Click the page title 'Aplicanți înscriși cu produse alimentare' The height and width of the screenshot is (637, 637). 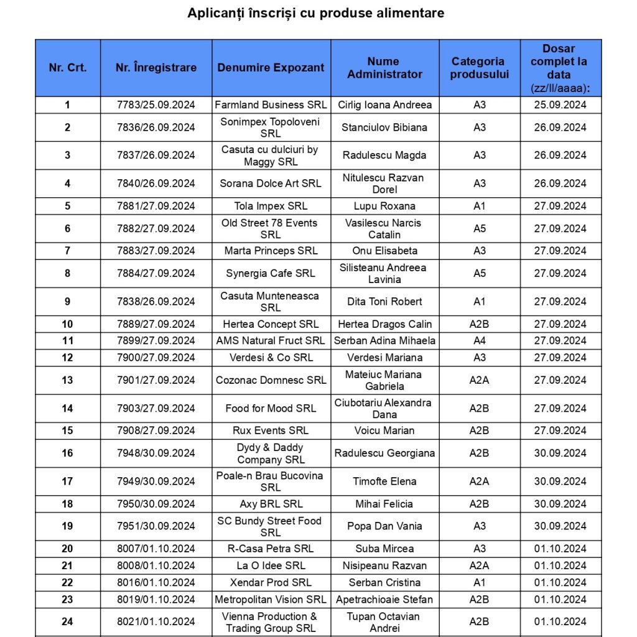click(x=315, y=13)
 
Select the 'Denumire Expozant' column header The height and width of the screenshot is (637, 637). click(x=271, y=68)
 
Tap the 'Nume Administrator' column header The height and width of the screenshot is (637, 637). click(x=384, y=68)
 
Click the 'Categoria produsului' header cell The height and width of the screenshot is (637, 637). click(x=479, y=68)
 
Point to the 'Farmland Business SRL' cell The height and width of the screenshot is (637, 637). click(x=271, y=105)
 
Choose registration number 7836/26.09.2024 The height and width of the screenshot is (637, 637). click(x=156, y=128)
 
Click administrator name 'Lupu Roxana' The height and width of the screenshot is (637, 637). click(x=384, y=206)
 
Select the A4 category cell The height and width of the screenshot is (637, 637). click(x=479, y=340)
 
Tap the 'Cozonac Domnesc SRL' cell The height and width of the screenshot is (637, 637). click(x=271, y=380)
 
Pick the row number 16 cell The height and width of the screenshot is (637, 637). click(x=67, y=453)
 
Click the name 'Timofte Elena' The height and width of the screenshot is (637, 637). click(x=384, y=481)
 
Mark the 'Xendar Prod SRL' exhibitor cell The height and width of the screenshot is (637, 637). click(x=271, y=582)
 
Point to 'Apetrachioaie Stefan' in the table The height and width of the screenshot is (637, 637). click(x=384, y=599)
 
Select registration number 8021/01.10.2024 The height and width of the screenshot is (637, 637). click(x=156, y=621)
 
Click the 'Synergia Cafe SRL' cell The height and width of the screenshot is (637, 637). click(x=271, y=273)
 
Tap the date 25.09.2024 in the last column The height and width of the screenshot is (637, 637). click(x=560, y=105)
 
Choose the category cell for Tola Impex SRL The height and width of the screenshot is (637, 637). click(x=479, y=206)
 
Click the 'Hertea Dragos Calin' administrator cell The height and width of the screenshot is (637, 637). click(x=384, y=324)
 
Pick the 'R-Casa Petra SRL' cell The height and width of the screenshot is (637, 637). click(x=271, y=549)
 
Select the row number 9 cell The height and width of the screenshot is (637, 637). click(x=67, y=302)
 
